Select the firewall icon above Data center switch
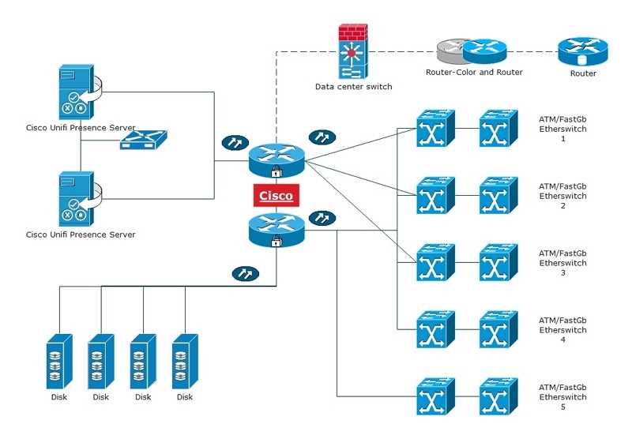click(x=353, y=52)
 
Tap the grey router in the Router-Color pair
click(x=451, y=51)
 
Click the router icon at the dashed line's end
click(x=582, y=51)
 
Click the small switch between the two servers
click(x=144, y=141)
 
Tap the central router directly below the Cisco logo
click(x=276, y=229)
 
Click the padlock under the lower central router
click(x=276, y=242)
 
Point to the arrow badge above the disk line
click(x=245, y=273)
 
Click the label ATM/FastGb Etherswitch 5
click(x=562, y=396)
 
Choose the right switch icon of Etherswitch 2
click(x=498, y=196)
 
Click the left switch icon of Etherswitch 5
click(x=435, y=396)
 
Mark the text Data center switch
click(x=353, y=87)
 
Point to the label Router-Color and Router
click(x=474, y=73)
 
